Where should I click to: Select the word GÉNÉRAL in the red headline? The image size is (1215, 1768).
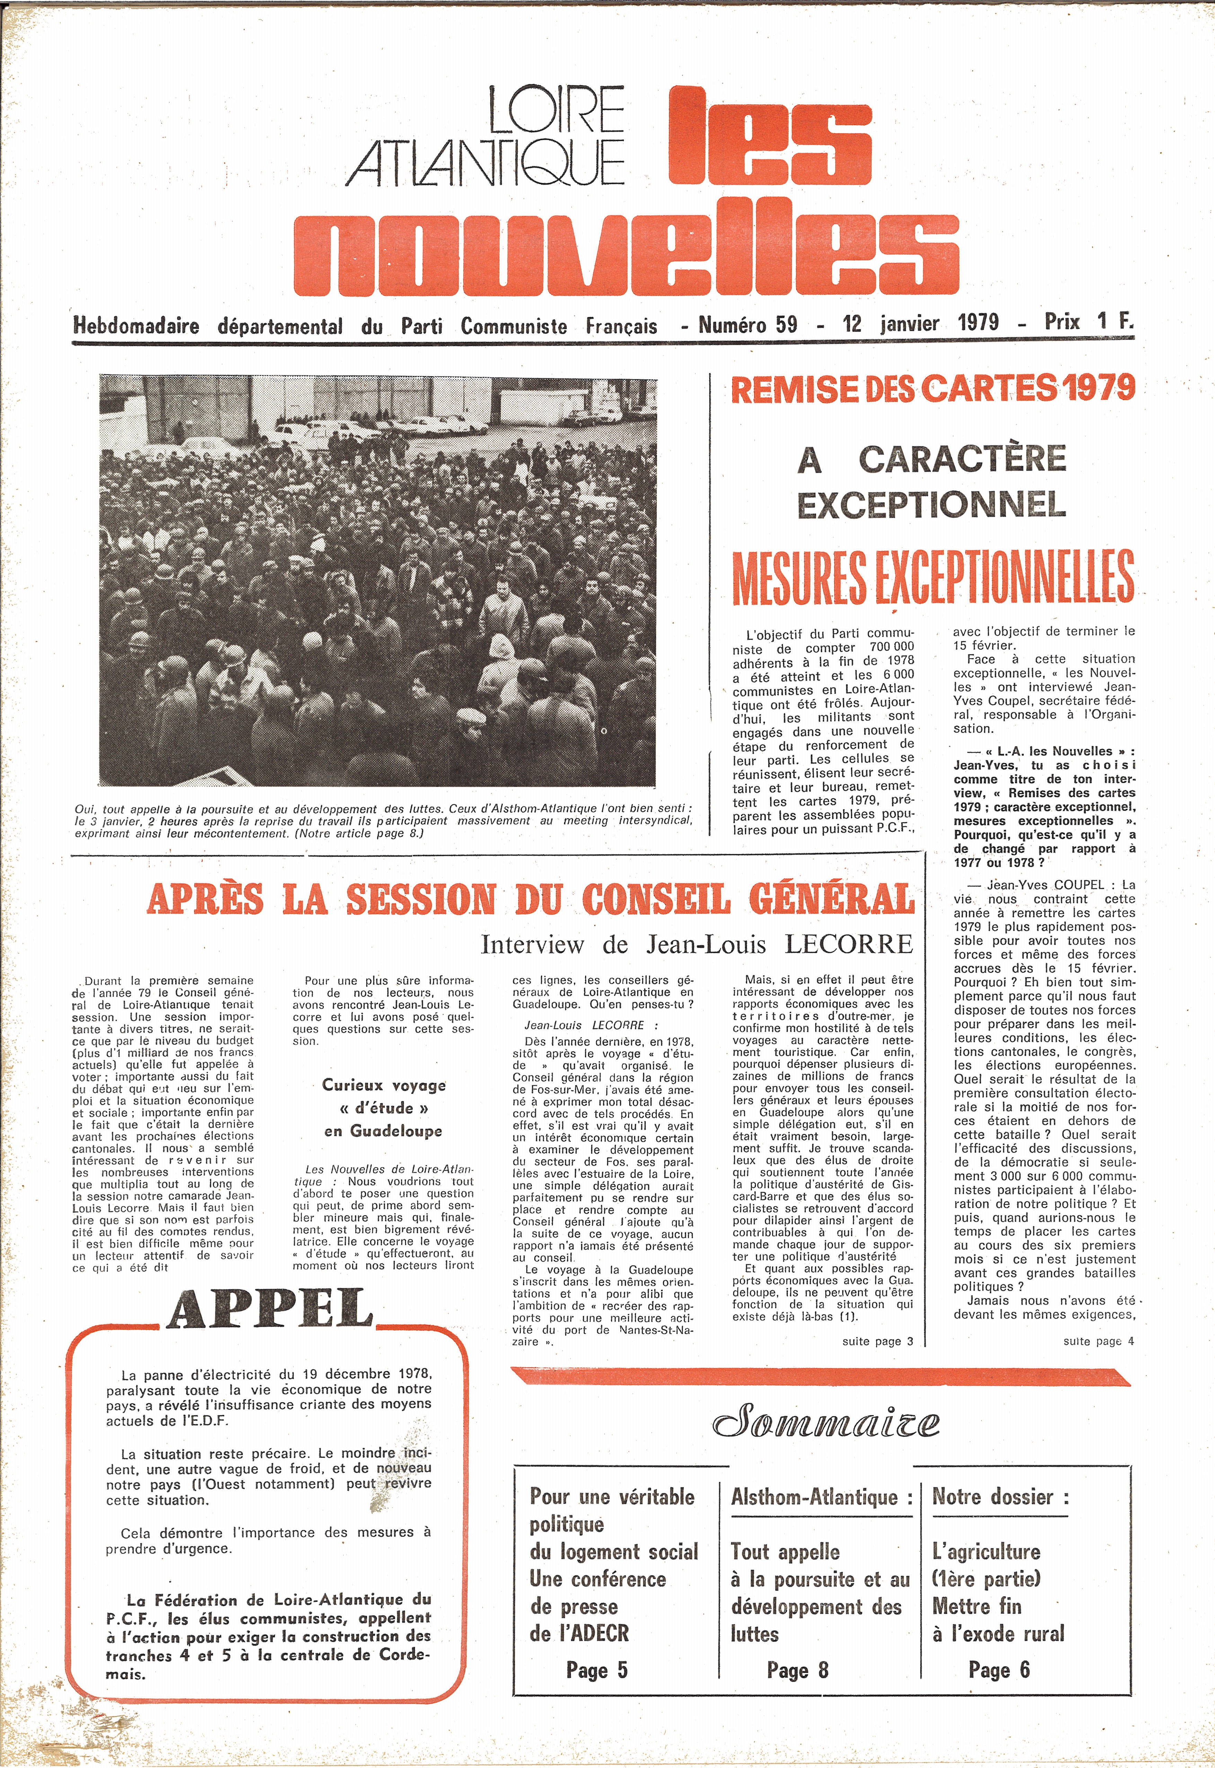click(x=831, y=899)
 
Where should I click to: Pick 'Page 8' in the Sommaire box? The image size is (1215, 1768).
click(x=797, y=1670)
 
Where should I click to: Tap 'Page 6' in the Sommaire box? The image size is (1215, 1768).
click(x=999, y=1670)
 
